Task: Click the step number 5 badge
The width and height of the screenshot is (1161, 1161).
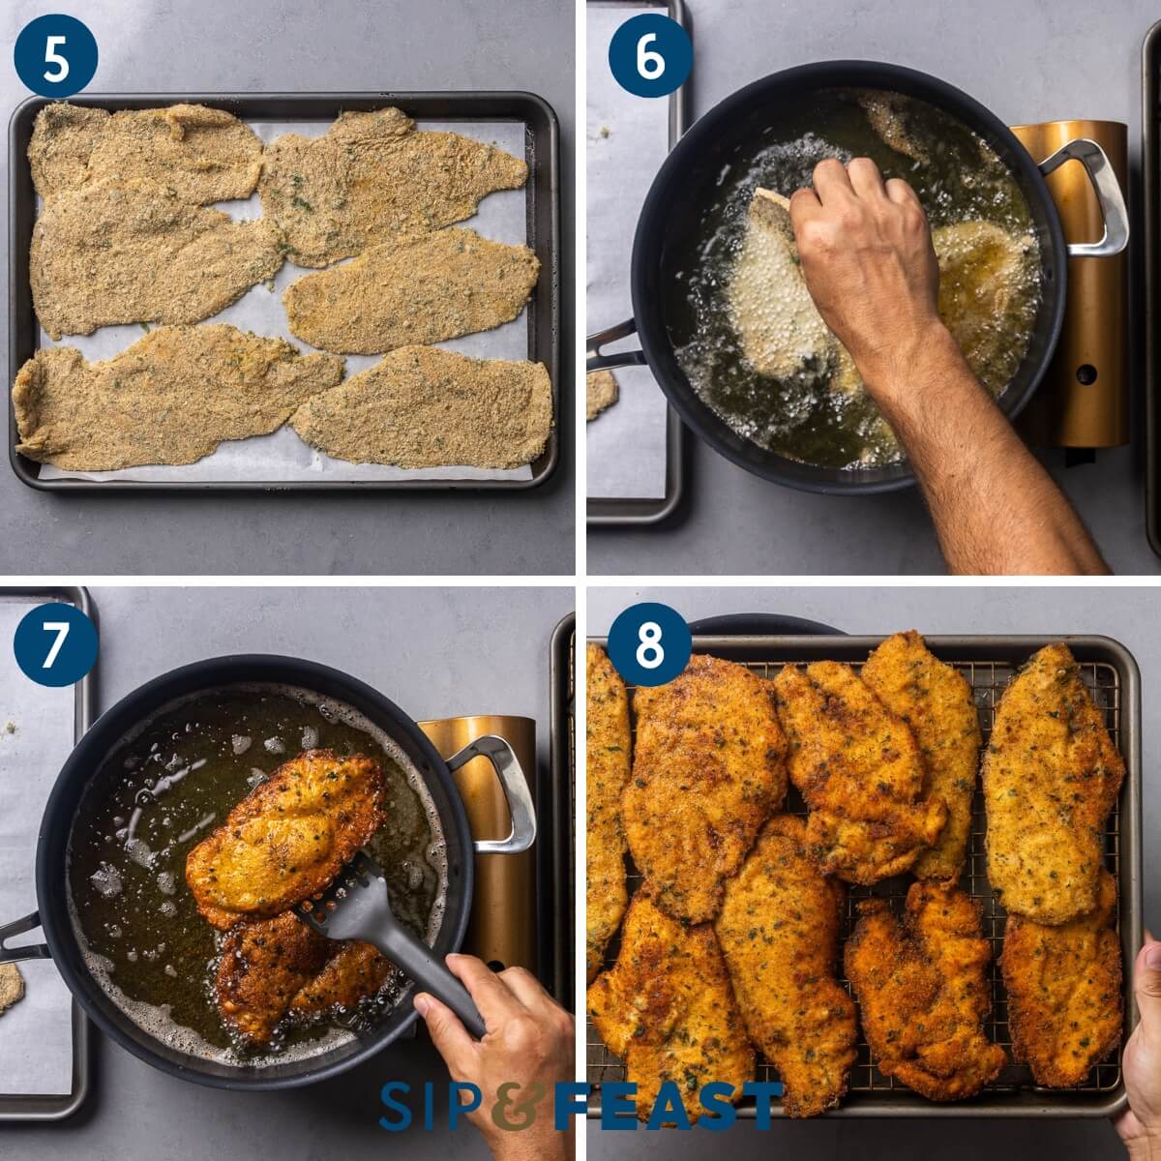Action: coord(56,56)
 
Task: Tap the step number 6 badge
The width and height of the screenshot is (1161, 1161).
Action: coord(649,56)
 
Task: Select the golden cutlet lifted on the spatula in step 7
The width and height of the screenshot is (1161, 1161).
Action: coord(285,832)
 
